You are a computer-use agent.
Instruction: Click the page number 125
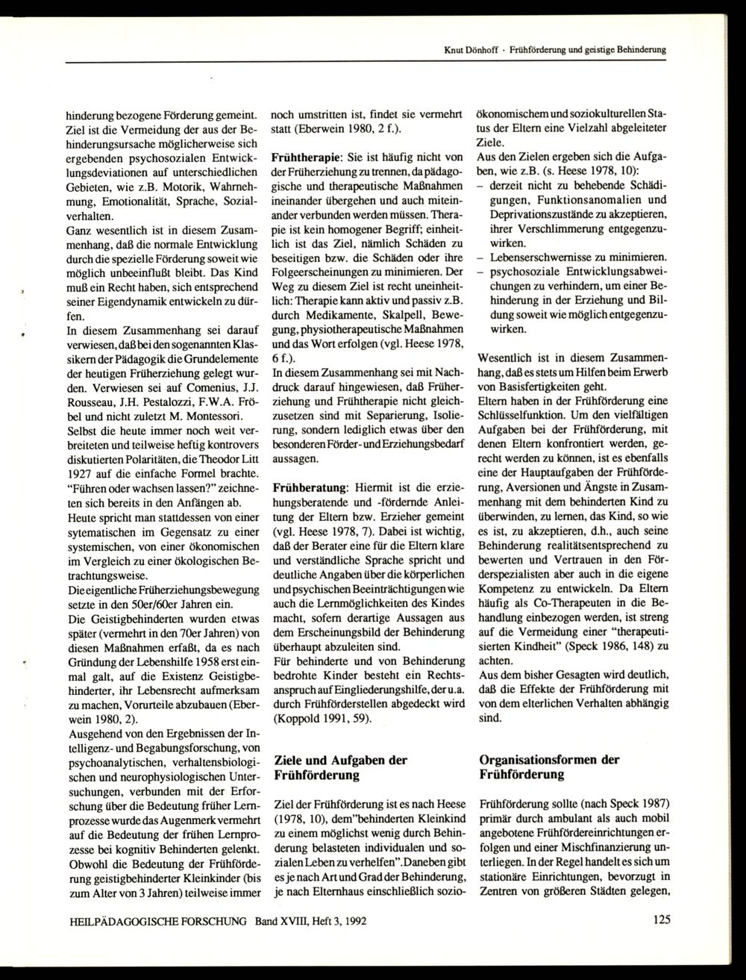pos(659,920)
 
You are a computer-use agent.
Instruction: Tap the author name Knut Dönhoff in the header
pos(466,50)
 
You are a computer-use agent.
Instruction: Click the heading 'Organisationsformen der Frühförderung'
pos(549,767)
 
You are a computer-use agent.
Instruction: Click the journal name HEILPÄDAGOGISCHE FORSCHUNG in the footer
pos(157,921)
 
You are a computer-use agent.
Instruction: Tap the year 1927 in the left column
pos(81,475)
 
